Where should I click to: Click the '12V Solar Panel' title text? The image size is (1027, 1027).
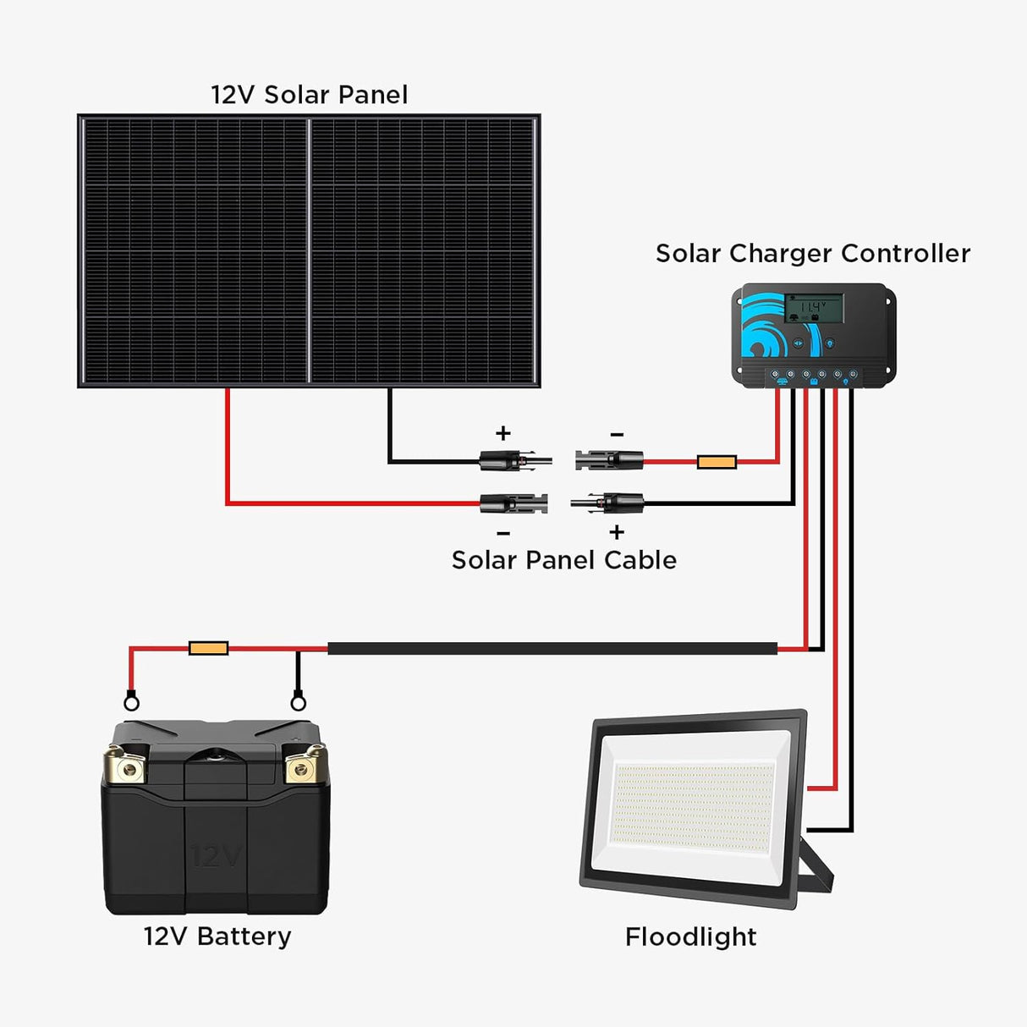coord(309,95)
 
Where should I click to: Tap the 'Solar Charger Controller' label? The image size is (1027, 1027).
coord(812,254)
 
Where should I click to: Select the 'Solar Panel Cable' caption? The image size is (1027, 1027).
coord(563,560)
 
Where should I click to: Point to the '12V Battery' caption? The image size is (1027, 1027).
coord(217,936)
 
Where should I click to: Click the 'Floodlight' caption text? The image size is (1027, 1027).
coord(690,936)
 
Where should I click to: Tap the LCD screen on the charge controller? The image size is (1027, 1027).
coord(814,308)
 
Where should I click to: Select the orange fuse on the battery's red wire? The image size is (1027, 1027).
coord(208,648)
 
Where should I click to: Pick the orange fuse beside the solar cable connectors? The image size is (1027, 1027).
coord(717,462)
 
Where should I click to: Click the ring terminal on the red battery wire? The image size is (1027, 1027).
coord(131,701)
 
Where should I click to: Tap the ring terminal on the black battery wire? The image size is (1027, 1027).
coord(298,701)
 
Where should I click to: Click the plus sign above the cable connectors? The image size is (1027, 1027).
coord(503,433)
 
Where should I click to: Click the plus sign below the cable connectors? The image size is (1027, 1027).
coord(617,532)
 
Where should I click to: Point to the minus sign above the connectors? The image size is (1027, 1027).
coord(617,435)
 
